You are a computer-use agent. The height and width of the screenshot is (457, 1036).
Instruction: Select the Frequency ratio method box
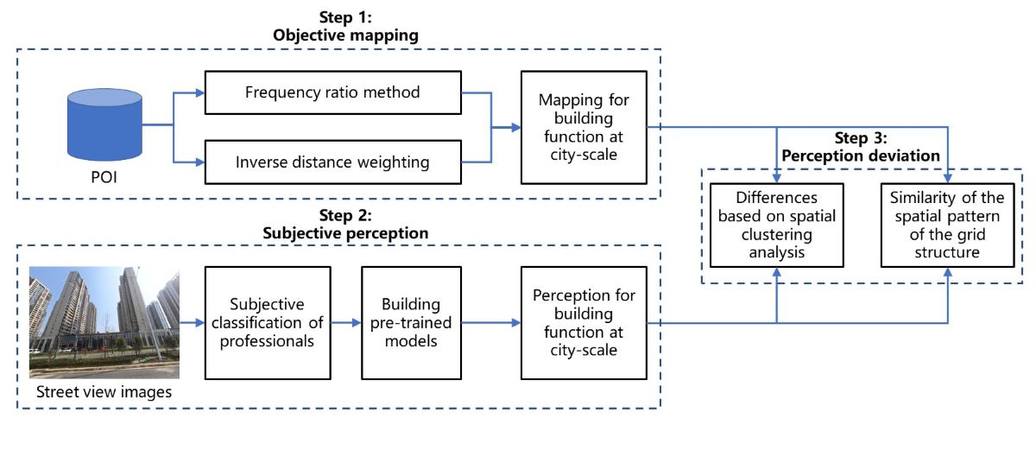pyautogui.click(x=332, y=92)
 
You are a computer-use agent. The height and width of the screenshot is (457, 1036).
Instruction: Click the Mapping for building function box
pyautogui.click(x=583, y=126)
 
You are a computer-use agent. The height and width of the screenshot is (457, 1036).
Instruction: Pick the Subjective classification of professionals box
pyautogui.click(x=268, y=322)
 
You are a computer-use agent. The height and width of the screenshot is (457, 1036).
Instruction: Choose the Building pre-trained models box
pyautogui.click(x=410, y=322)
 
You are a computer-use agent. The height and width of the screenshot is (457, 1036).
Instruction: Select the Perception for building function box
pyautogui.click(x=583, y=322)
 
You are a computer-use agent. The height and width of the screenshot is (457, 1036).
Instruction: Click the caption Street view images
pyautogui.click(x=104, y=393)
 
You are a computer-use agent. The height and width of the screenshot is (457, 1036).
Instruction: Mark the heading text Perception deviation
pyautogui.click(x=862, y=156)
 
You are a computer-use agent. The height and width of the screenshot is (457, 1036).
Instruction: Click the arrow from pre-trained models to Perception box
pyautogui.click(x=490, y=322)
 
